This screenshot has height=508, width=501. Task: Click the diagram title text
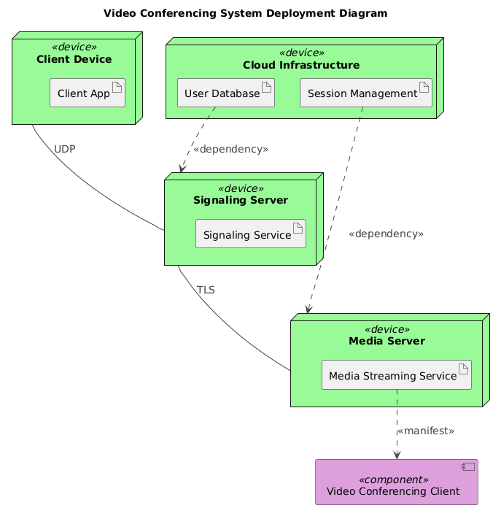(246, 13)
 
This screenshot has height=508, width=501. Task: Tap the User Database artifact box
(226, 93)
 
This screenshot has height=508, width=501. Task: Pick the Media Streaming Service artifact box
(397, 375)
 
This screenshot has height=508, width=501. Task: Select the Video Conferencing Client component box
(396, 482)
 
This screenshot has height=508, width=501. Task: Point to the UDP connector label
(65, 149)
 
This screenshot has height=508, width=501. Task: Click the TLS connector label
(206, 290)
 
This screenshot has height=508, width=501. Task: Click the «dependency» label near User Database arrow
(230, 149)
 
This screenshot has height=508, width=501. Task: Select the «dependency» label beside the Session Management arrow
(386, 234)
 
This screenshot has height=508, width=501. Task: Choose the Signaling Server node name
(240, 201)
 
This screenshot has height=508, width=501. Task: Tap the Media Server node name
(387, 342)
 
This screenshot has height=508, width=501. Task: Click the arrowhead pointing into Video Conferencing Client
(397, 455)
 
